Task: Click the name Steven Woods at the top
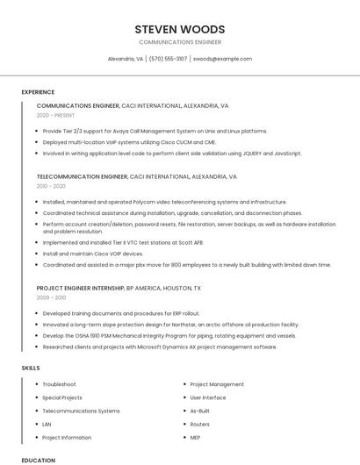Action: coord(180,29)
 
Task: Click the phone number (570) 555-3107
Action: coord(168,59)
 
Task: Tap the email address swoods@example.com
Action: coord(222,59)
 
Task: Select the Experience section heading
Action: coord(38,92)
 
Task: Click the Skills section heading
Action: coord(31,368)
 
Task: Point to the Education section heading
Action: coord(38,460)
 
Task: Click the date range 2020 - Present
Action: coord(56,115)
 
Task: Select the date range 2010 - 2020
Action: coord(51,186)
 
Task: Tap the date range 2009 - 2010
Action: coord(51,297)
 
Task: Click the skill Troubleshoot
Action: coord(59,384)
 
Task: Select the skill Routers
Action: coord(199,424)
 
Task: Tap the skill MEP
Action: coord(195,437)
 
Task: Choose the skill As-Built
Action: coord(199,411)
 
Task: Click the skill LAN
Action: coord(47,424)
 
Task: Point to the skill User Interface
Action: coord(207,397)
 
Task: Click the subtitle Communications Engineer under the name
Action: coord(180,42)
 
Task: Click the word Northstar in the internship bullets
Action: coord(169,324)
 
